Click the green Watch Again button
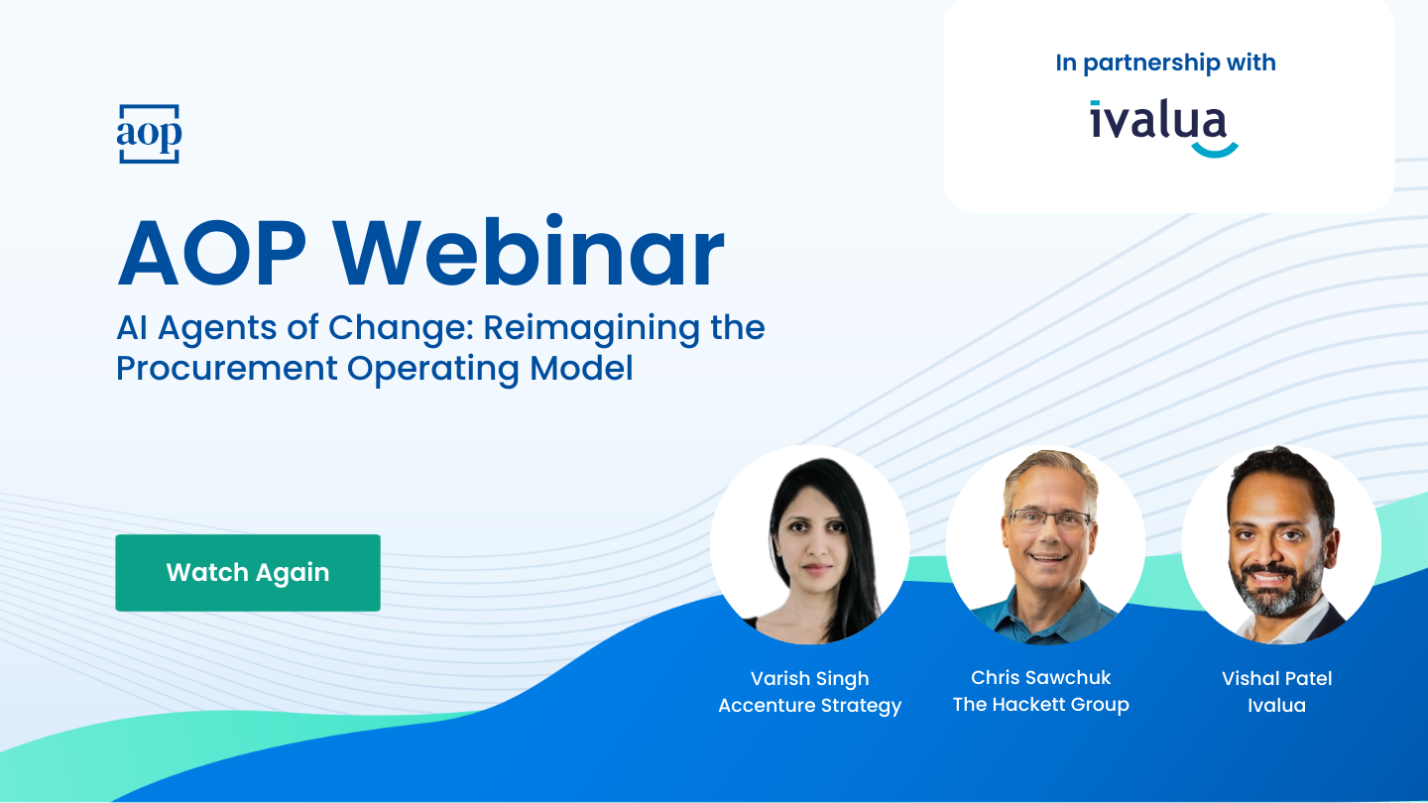pos(248,572)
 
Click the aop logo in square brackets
pos(149,134)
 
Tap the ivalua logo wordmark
pos(1157,120)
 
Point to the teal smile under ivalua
pos(1215,151)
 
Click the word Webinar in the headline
pos(529,251)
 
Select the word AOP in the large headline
pos(212,253)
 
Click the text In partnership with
pos(1165,62)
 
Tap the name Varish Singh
pos(809,679)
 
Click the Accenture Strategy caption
pos(809,706)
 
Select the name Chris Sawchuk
pos(1041,677)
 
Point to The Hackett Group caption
pos(1041,704)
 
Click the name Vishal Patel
pos(1277,678)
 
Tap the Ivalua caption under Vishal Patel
pos(1277,705)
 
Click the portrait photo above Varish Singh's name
pos(809,545)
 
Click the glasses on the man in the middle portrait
pos(1049,520)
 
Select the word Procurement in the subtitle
pos(226,369)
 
